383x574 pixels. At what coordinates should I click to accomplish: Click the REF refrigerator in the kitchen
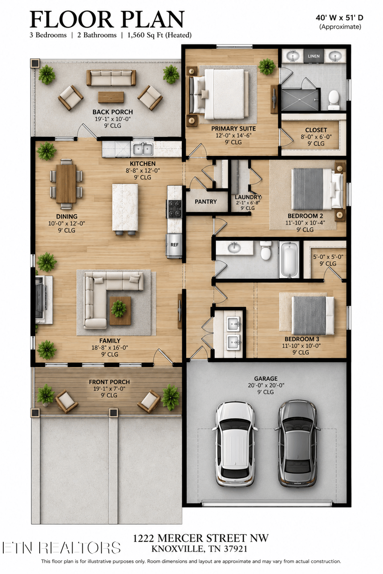coord(174,245)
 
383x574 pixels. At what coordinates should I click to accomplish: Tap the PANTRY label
coord(206,202)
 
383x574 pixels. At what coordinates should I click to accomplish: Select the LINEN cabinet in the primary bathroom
coord(314,56)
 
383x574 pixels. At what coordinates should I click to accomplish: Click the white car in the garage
coord(235,444)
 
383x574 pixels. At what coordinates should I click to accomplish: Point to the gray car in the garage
coord(298,443)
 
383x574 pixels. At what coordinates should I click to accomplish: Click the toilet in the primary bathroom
coord(334,100)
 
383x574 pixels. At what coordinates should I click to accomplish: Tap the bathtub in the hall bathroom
coord(289,260)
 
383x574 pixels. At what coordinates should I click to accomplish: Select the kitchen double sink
coord(143,149)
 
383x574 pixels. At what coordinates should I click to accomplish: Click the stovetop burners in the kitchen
coord(174,209)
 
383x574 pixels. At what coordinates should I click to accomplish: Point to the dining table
coord(66,184)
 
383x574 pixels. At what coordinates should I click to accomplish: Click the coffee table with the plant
coord(120,310)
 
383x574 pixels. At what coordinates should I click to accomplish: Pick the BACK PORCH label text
coord(113,112)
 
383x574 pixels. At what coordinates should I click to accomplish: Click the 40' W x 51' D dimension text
coord(339,18)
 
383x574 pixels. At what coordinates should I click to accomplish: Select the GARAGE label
coord(266,378)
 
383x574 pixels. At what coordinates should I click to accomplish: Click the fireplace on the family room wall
coord(43,300)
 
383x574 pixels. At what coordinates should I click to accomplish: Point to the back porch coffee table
coord(111,97)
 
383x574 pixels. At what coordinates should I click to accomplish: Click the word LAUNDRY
coord(248,197)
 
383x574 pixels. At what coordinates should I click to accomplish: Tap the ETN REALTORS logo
coord(61,548)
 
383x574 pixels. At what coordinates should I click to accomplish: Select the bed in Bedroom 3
coord(313,315)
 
